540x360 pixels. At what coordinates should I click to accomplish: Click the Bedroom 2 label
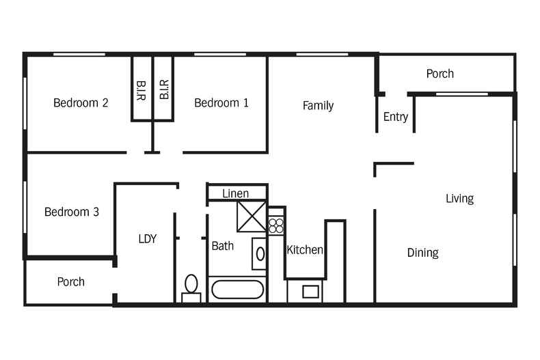(81, 102)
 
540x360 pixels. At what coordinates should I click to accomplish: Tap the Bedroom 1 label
(221, 102)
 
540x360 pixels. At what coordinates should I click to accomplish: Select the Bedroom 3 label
(72, 212)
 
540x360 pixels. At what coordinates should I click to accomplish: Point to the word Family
(318, 106)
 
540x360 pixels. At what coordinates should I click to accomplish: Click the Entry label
(395, 117)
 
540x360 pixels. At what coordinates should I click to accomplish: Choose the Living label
(459, 199)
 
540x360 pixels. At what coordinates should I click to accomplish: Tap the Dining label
(422, 253)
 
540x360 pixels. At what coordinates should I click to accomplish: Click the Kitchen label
(305, 250)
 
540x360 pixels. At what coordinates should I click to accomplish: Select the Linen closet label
(236, 193)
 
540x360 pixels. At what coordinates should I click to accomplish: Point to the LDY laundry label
(148, 239)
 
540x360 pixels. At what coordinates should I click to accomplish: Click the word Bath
(222, 246)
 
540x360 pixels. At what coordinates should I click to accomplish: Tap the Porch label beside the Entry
(440, 74)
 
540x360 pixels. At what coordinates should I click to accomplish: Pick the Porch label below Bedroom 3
(70, 282)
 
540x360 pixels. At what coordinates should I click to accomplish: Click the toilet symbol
(191, 288)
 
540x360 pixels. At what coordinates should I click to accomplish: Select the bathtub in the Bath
(238, 290)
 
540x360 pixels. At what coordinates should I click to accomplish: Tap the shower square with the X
(252, 217)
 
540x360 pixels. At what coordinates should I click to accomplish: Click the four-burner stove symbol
(276, 226)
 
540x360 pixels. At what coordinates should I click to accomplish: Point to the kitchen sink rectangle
(310, 292)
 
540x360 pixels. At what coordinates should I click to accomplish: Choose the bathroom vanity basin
(260, 254)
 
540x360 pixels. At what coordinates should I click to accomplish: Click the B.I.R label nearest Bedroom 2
(141, 91)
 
